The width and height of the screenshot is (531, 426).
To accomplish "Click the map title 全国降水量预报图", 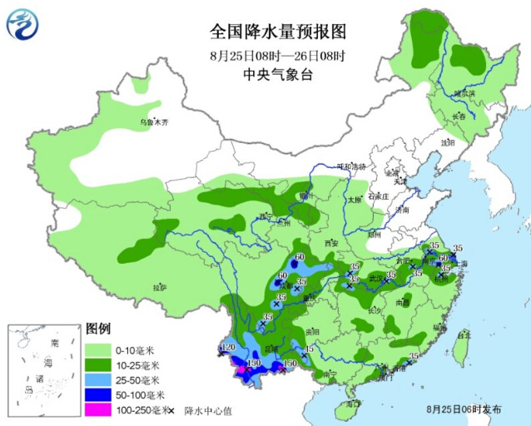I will pyautogui.click(x=277, y=32).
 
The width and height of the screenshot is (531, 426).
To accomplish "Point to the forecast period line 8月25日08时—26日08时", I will pyautogui.click(x=277, y=56).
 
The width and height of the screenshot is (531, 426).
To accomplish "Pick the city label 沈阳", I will pyautogui.click(x=449, y=142).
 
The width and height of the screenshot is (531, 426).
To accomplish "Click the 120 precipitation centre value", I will pyautogui.click(x=228, y=346).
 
